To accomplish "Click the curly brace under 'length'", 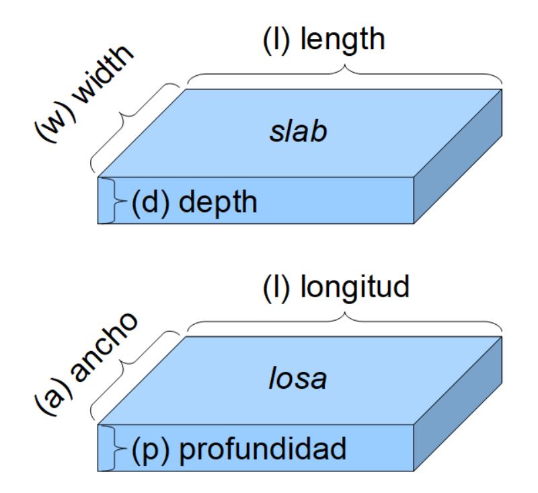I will (x=344, y=75).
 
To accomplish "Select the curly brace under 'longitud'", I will (x=344, y=322).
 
